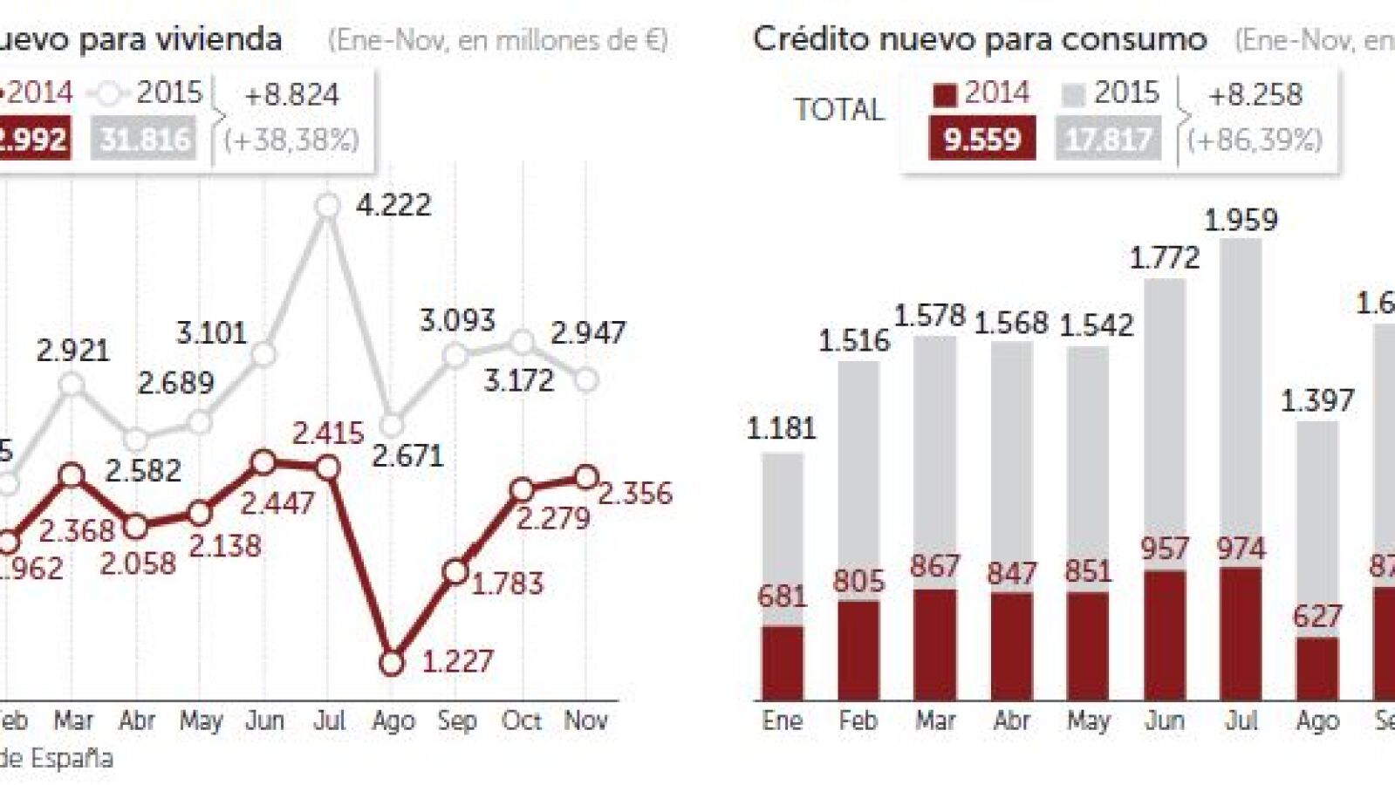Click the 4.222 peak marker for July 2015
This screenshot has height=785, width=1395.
[x=328, y=206]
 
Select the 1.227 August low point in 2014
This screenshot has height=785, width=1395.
[x=393, y=663]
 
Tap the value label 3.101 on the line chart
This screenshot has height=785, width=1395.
[x=211, y=333]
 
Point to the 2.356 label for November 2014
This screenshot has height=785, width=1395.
[x=634, y=494]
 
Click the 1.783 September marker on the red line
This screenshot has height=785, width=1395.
[x=456, y=571]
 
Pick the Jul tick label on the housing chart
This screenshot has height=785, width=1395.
[x=329, y=721]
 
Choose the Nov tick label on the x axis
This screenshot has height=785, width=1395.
[x=585, y=721]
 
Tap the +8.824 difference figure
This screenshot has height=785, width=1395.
[x=291, y=95]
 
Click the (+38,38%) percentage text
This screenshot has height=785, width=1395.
[x=291, y=140]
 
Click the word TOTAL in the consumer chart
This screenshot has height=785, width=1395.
[x=838, y=110]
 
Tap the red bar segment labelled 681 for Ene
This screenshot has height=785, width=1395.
[x=782, y=663]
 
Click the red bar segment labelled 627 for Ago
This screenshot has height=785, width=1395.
[x=1316, y=669]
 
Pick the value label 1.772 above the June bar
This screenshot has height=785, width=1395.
[x=1165, y=258]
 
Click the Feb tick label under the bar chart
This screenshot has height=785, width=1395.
[x=858, y=721]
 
